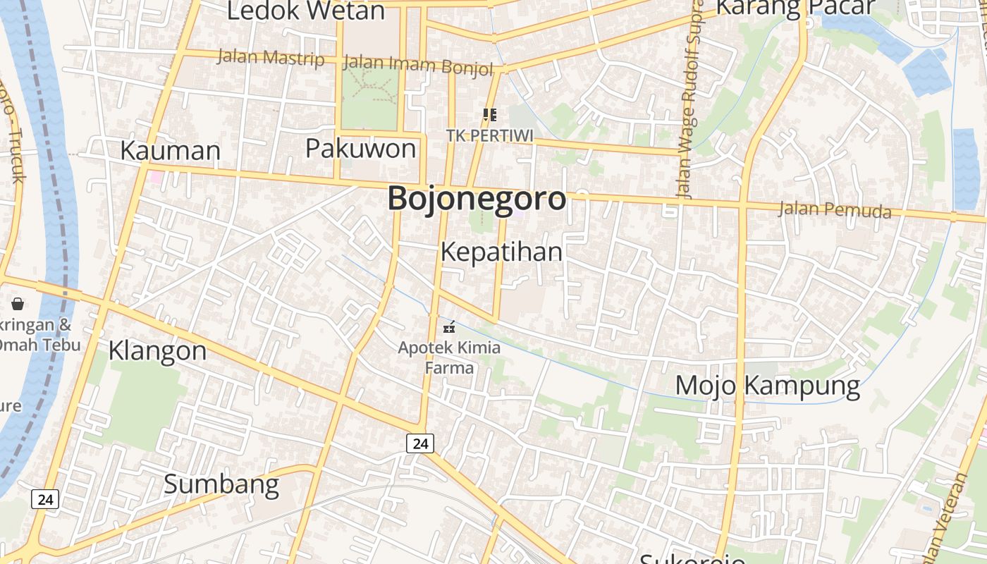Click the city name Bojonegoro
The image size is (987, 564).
(477, 198)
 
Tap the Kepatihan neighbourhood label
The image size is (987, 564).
(501, 252)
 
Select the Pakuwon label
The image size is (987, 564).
(360, 149)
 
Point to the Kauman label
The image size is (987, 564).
(170, 150)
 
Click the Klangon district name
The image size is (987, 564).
(157, 350)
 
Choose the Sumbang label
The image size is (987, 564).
(221, 484)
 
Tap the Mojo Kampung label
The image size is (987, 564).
(768, 386)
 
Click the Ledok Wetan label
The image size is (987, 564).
(306, 11)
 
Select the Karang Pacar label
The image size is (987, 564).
(795, 7)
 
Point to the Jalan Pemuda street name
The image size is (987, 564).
(835, 209)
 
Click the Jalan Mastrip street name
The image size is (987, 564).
(271, 58)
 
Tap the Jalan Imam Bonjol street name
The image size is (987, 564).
(418, 65)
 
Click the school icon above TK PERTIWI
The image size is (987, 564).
(489, 114)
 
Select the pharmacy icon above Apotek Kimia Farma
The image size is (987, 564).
(448, 328)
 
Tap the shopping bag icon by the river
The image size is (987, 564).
(18, 304)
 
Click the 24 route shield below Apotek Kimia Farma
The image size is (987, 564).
(420, 443)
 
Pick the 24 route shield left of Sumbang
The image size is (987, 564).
(45, 499)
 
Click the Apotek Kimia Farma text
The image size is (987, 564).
(449, 357)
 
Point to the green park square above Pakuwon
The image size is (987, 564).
(369, 98)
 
